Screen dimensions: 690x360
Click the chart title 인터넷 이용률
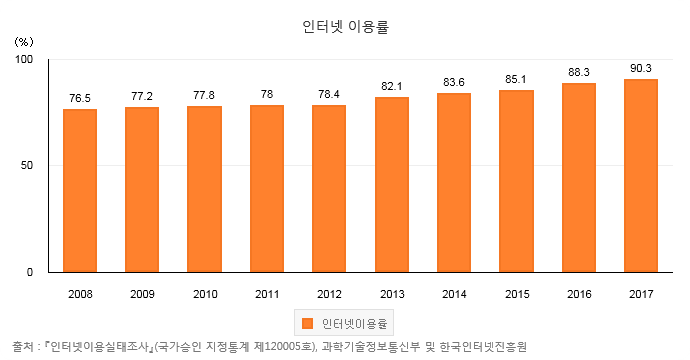pyautogui.click(x=345, y=27)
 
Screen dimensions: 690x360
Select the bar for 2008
pyautogui.click(x=80, y=191)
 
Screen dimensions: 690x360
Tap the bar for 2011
pyautogui.click(x=267, y=189)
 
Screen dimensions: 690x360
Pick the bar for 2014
pyautogui.click(x=454, y=183)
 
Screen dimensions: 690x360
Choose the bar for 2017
pyautogui.click(x=641, y=176)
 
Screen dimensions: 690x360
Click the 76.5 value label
pyautogui.click(x=80, y=99)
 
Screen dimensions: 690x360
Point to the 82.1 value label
pyautogui.click(x=392, y=86)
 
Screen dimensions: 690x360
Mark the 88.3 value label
pyautogui.click(x=579, y=72)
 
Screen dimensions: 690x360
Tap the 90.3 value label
pyautogui.click(x=641, y=68)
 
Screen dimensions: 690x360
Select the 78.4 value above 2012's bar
pyautogui.click(x=329, y=94)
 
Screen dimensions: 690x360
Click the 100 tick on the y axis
pyautogui.click(x=24, y=59)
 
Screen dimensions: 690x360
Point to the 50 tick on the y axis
pyautogui.click(x=27, y=165)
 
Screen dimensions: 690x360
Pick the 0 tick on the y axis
pyautogui.click(x=30, y=272)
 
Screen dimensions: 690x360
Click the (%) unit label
pyautogui.click(x=24, y=42)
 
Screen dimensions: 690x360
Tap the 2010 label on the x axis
pyautogui.click(x=205, y=294)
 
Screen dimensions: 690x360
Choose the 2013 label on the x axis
pyautogui.click(x=392, y=294)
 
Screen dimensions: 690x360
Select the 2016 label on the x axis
pyautogui.click(x=579, y=294)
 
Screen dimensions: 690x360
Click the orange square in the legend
pyautogui.click(x=308, y=323)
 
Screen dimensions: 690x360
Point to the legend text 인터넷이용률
pyautogui.click(x=354, y=324)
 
